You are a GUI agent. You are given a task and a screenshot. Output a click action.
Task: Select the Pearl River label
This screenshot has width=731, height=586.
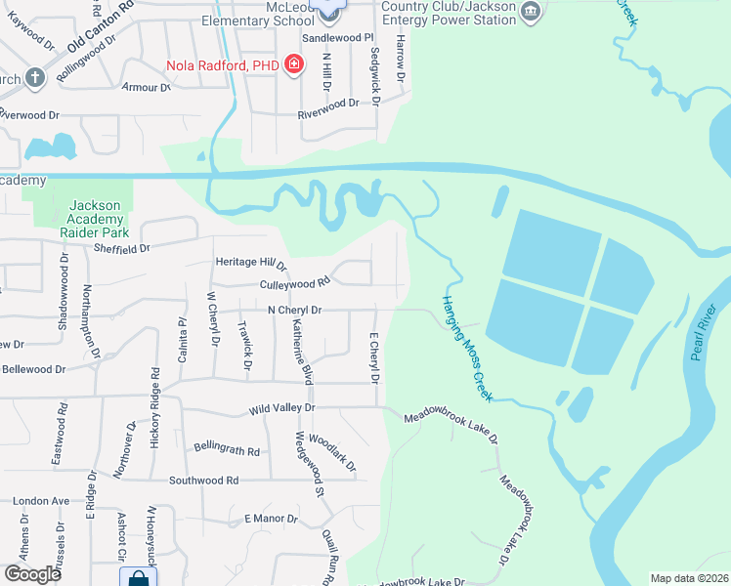pyautogui.click(x=704, y=333)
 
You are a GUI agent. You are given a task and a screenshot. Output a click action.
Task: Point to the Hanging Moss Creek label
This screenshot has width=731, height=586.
pyautogui.click(x=465, y=340)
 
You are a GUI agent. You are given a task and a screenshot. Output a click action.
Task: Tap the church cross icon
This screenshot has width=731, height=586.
pyautogui.click(x=34, y=77)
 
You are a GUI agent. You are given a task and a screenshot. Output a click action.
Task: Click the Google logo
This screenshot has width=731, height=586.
pyautogui.click(x=32, y=574)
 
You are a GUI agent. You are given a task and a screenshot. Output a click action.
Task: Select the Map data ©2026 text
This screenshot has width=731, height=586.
pyautogui.click(x=689, y=578)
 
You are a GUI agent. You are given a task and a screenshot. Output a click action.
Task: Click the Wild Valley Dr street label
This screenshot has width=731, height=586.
pyautogui.click(x=282, y=407)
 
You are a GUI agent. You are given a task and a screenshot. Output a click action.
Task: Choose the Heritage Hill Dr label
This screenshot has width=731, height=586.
pyautogui.click(x=251, y=263)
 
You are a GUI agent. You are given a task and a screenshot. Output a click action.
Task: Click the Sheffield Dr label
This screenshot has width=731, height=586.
pyautogui.click(x=121, y=249)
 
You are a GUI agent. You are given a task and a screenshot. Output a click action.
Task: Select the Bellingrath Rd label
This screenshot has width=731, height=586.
pyautogui.click(x=227, y=451)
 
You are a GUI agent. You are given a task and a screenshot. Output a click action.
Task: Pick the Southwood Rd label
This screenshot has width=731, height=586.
pyautogui.click(x=203, y=481)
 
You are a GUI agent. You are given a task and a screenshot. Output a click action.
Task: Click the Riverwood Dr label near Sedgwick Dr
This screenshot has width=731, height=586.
pyautogui.click(x=335, y=104)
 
